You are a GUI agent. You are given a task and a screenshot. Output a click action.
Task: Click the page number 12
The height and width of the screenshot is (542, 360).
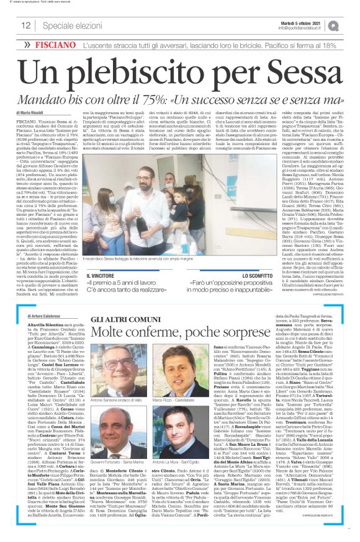(26, 25)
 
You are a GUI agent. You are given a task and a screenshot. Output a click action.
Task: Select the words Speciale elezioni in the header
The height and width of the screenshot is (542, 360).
(69, 25)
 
